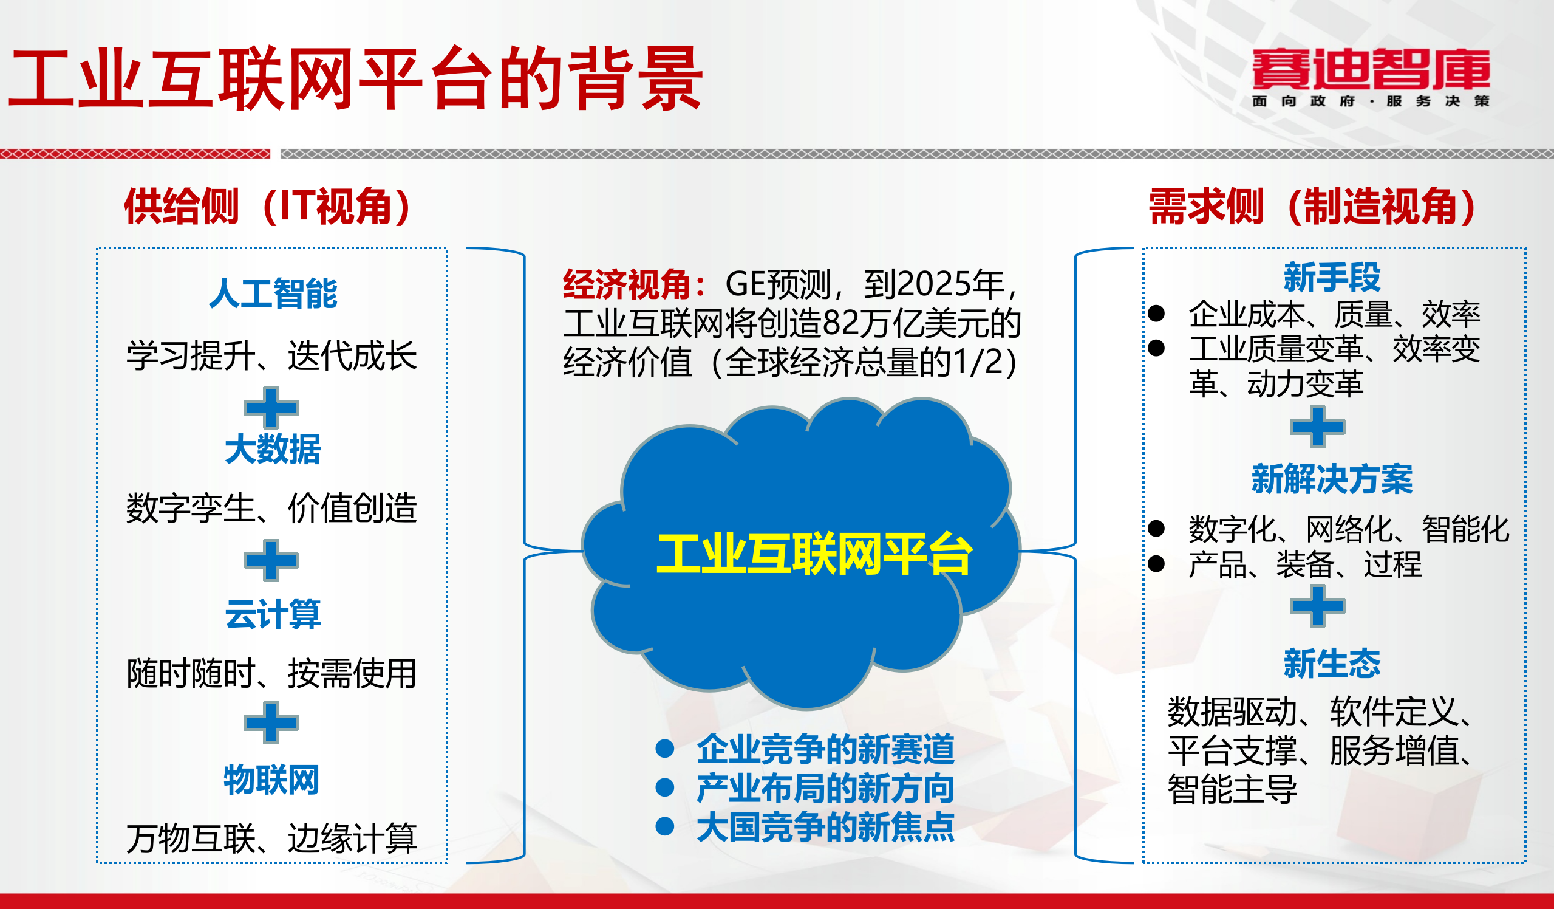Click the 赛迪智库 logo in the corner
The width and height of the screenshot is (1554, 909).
(1370, 77)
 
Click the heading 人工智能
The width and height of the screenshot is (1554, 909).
(273, 293)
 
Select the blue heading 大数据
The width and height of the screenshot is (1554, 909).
(273, 448)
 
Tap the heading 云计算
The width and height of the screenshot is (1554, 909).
(273, 614)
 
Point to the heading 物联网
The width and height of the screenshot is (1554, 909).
(271, 780)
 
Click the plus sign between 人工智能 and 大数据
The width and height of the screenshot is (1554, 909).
(271, 407)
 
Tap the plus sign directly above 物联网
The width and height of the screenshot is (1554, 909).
(271, 722)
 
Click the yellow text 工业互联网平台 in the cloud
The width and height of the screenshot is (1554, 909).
(814, 554)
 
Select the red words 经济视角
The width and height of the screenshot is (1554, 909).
(626, 284)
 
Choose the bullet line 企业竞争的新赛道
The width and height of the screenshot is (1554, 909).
(825, 749)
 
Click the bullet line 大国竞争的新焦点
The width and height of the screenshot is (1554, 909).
(825, 827)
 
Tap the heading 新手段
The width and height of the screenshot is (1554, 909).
(1332, 277)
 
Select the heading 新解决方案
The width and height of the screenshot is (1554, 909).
(1332, 479)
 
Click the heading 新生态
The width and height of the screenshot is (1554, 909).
(1332, 664)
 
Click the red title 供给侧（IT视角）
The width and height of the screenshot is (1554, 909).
(268, 206)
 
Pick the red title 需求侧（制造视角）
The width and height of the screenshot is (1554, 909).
(1312, 206)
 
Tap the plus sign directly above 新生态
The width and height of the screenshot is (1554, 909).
(1317, 606)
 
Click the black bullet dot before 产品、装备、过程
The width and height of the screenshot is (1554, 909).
(1156, 563)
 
